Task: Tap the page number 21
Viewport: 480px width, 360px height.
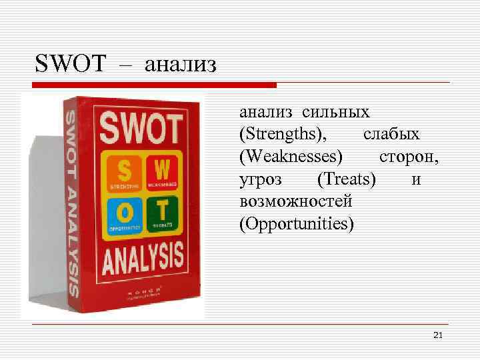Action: (437, 334)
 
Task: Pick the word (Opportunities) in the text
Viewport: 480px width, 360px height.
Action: (296, 223)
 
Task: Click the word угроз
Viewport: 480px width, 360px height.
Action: (261, 179)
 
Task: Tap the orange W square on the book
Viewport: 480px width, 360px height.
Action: (162, 170)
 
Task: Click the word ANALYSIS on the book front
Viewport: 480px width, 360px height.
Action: (143, 261)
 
